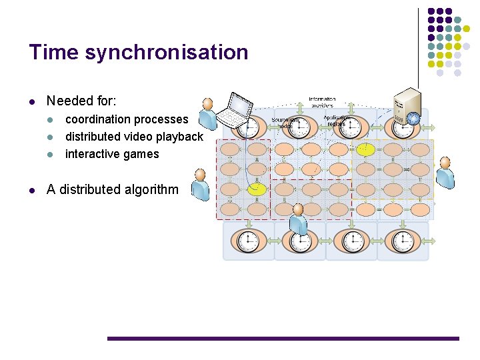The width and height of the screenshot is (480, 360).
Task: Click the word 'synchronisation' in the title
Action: click(167, 52)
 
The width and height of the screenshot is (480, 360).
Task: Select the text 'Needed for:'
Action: click(81, 101)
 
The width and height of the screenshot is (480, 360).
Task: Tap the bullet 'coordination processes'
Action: click(127, 119)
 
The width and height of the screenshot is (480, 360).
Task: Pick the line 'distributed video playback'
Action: click(133, 137)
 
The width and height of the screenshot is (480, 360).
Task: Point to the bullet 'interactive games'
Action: click(112, 154)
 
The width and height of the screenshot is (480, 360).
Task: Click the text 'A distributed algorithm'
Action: click(112, 189)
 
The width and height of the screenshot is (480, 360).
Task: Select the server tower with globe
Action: click(406, 107)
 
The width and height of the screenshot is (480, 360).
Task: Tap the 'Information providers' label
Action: click(321, 102)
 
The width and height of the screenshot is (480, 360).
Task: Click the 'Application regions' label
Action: click(337, 121)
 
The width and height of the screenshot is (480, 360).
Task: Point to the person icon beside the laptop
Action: click(209, 114)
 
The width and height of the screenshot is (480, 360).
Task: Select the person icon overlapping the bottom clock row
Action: click(299, 220)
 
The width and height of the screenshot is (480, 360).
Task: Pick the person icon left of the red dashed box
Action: click(200, 185)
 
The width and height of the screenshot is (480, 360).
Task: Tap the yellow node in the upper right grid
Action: click(365, 149)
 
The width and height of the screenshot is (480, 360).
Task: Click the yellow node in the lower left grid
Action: click(257, 190)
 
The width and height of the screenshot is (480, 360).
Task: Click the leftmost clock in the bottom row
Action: click(249, 241)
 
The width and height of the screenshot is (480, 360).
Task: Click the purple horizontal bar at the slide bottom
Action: click(283, 339)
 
